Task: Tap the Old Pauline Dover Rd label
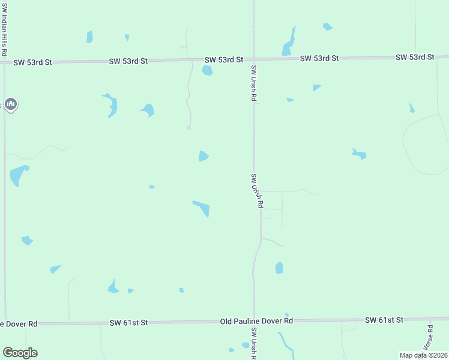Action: tap(256, 322)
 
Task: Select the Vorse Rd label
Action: tap(429, 337)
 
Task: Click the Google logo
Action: tap(20, 353)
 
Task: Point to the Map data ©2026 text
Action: tap(423, 355)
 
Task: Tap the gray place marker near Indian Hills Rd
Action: tap(10, 104)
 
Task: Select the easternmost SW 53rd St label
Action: tap(415, 57)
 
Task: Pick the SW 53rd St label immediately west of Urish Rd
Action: tap(223, 60)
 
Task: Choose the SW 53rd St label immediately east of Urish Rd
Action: tap(319, 58)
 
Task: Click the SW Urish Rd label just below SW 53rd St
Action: tap(255, 83)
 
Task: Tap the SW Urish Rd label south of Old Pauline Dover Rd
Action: tap(255, 344)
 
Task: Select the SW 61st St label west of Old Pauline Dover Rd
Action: tap(128, 323)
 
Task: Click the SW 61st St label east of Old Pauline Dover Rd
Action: tap(384, 321)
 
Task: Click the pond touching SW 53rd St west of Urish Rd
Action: tap(207, 71)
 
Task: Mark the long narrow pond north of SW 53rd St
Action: tap(289, 42)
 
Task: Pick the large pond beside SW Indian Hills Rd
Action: tap(18, 175)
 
